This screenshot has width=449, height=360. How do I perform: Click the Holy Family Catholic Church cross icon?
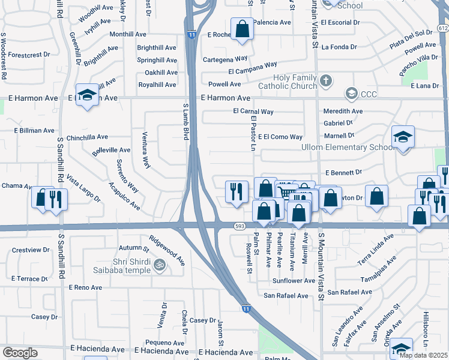pos(325,80)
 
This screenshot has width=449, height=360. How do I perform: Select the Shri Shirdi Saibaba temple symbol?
pos(159,263)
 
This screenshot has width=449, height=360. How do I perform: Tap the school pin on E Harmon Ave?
pos(88,95)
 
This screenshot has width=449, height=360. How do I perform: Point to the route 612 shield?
pos(443,28)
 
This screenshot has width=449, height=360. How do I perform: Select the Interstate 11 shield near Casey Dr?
pos(247,308)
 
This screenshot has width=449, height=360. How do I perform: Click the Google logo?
pos(20,353)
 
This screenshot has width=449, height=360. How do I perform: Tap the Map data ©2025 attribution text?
pos(423,355)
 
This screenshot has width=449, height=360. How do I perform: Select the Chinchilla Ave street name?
pos(90,137)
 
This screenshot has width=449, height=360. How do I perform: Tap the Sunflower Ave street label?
pos(293,280)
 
